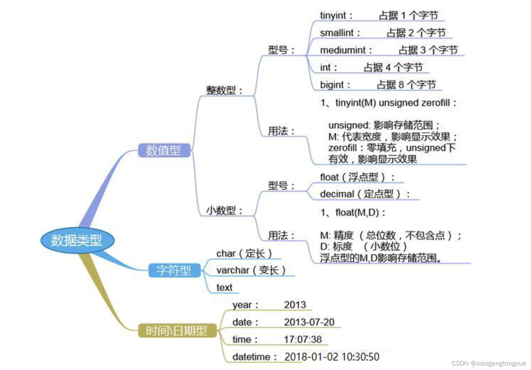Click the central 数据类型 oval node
[x=77, y=240]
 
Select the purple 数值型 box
[x=164, y=150]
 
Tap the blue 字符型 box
[x=174, y=271]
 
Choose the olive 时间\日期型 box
[x=177, y=330]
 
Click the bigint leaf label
[x=332, y=84]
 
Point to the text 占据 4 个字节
[x=393, y=67]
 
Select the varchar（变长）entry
[x=251, y=270]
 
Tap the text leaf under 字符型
[x=224, y=288]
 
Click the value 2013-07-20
[x=309, y=322]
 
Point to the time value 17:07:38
[x=303, y=339]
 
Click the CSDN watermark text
[x=488, y=363]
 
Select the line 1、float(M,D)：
[x=353, y=213]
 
